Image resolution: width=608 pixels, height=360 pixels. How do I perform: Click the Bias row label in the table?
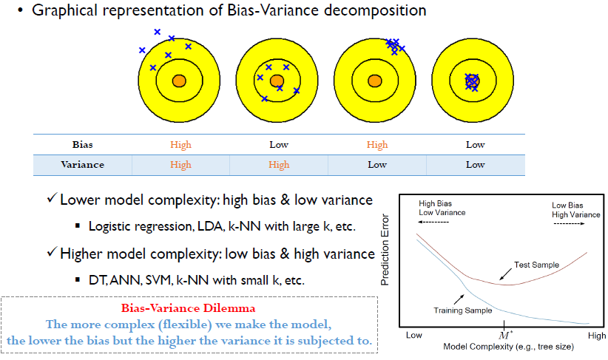[x=83, y=145]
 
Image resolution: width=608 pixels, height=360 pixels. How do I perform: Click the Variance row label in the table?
[x=83, y=165]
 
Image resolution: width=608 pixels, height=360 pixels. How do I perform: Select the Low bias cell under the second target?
[x=279, y=145]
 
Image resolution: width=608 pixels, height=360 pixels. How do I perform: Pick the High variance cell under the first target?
[x=180, y=165]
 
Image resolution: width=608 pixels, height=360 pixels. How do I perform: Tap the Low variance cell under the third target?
[x=377, y=165]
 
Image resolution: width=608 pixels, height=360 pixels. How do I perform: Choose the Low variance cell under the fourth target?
[x=476, y=165]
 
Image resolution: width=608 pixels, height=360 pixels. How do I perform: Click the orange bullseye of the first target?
[x=179, y=81]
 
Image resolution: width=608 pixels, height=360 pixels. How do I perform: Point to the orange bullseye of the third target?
[x=375, y=81]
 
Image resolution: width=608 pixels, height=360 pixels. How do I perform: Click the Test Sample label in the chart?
[x=537, y=265]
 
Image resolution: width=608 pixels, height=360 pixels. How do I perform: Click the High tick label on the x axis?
[x=597, y=336]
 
